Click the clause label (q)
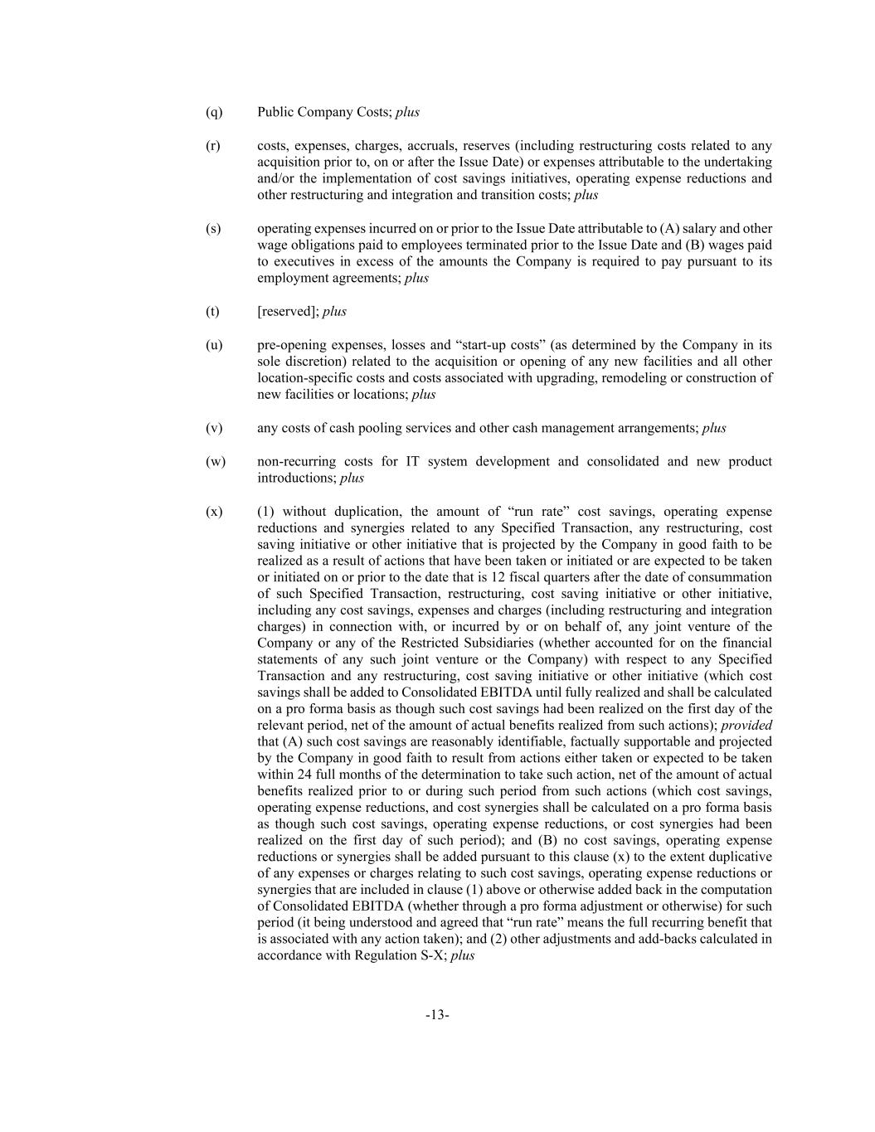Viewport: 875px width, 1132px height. coord(214,112)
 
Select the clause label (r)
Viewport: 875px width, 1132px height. coord(213,146)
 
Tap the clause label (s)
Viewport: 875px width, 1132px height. coord(213,229)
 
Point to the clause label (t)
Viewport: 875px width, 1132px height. coord(212,312)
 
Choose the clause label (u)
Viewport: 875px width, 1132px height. coord(214,345)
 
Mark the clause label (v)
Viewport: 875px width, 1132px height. coord(214,428)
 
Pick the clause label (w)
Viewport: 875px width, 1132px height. coord(215,461)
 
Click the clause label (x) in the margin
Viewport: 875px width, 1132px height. coord(214,512)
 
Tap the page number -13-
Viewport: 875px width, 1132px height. coord(437,1015)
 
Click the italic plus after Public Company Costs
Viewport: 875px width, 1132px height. coord(407,112)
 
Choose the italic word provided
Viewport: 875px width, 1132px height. coord(747,725)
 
